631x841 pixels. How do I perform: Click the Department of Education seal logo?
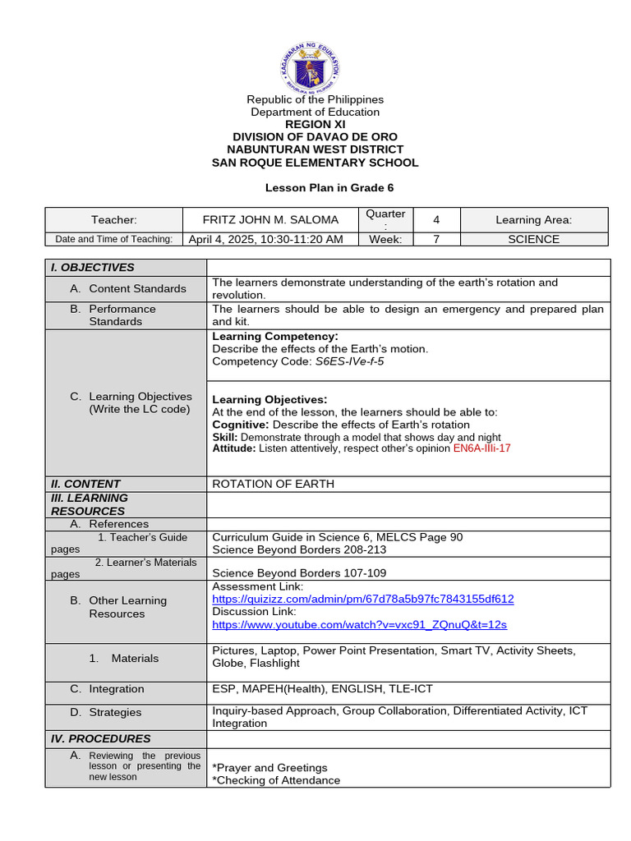point(315,64)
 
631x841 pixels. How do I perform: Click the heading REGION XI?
point(315,124)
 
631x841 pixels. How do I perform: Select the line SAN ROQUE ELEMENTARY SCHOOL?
point(315,163)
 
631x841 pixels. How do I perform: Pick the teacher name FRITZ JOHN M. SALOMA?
point(269,220)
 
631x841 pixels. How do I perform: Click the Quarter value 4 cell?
point(435,220)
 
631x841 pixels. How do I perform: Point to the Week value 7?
point(435,240)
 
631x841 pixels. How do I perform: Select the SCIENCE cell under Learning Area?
point(533,240)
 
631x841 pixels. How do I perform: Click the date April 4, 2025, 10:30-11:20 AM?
point(265,240)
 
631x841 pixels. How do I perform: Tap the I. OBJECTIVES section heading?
point(93,268)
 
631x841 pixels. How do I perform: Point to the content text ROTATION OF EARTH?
point(274,484)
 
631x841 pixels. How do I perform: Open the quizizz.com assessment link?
point(362,600)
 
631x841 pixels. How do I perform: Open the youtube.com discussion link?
point(359,625)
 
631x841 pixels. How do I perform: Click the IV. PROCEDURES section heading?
point(101,738)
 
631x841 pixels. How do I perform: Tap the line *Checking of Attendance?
point(276,780)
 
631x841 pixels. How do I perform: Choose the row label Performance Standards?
point(122,315)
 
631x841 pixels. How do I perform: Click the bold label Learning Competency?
point(274,337)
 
